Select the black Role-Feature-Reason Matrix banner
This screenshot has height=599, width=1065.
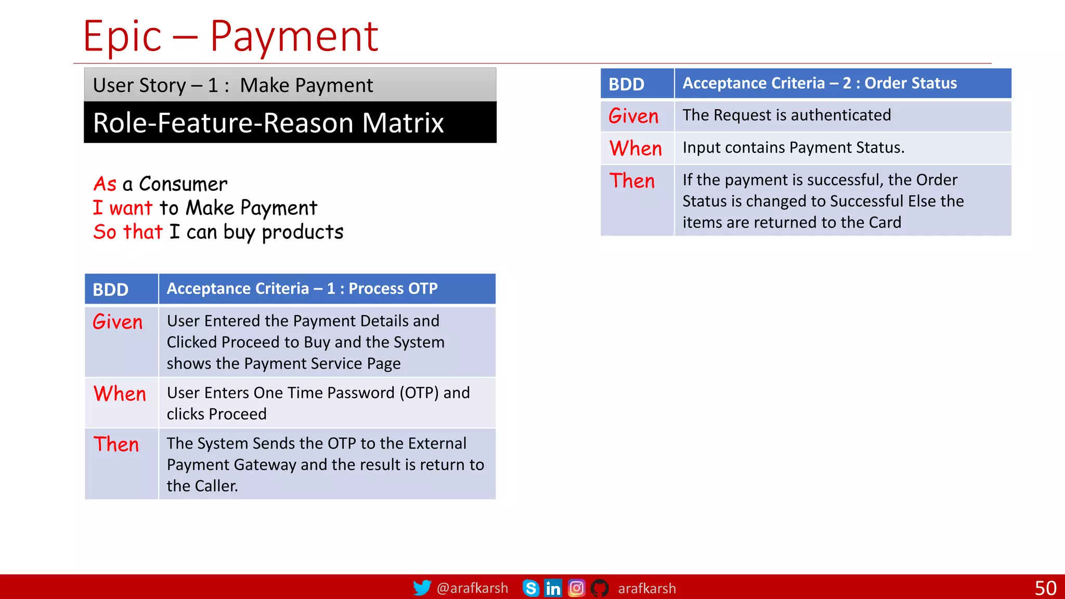click(x=290, y=123)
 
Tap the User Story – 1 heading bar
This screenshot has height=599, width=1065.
click(x=290, y=85)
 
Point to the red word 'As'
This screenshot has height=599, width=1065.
click(x=105, y=184)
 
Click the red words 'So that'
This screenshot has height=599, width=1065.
click(x=128, y=232)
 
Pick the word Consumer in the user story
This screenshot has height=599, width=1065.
click(x=183, y=184)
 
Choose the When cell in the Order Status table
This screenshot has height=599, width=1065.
click(x=636, y=149)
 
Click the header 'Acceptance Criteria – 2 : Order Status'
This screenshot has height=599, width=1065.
click(x=820, y=83)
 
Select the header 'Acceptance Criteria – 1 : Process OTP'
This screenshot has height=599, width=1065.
click(x=302, y=289)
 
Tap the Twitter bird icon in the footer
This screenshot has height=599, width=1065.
click(x=422, y=588)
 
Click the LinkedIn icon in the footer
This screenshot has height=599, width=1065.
click(x=553, y=588)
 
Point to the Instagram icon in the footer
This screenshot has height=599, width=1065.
click(x=576, y=588)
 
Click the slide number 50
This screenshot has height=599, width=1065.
click(x=1045, y=588)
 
